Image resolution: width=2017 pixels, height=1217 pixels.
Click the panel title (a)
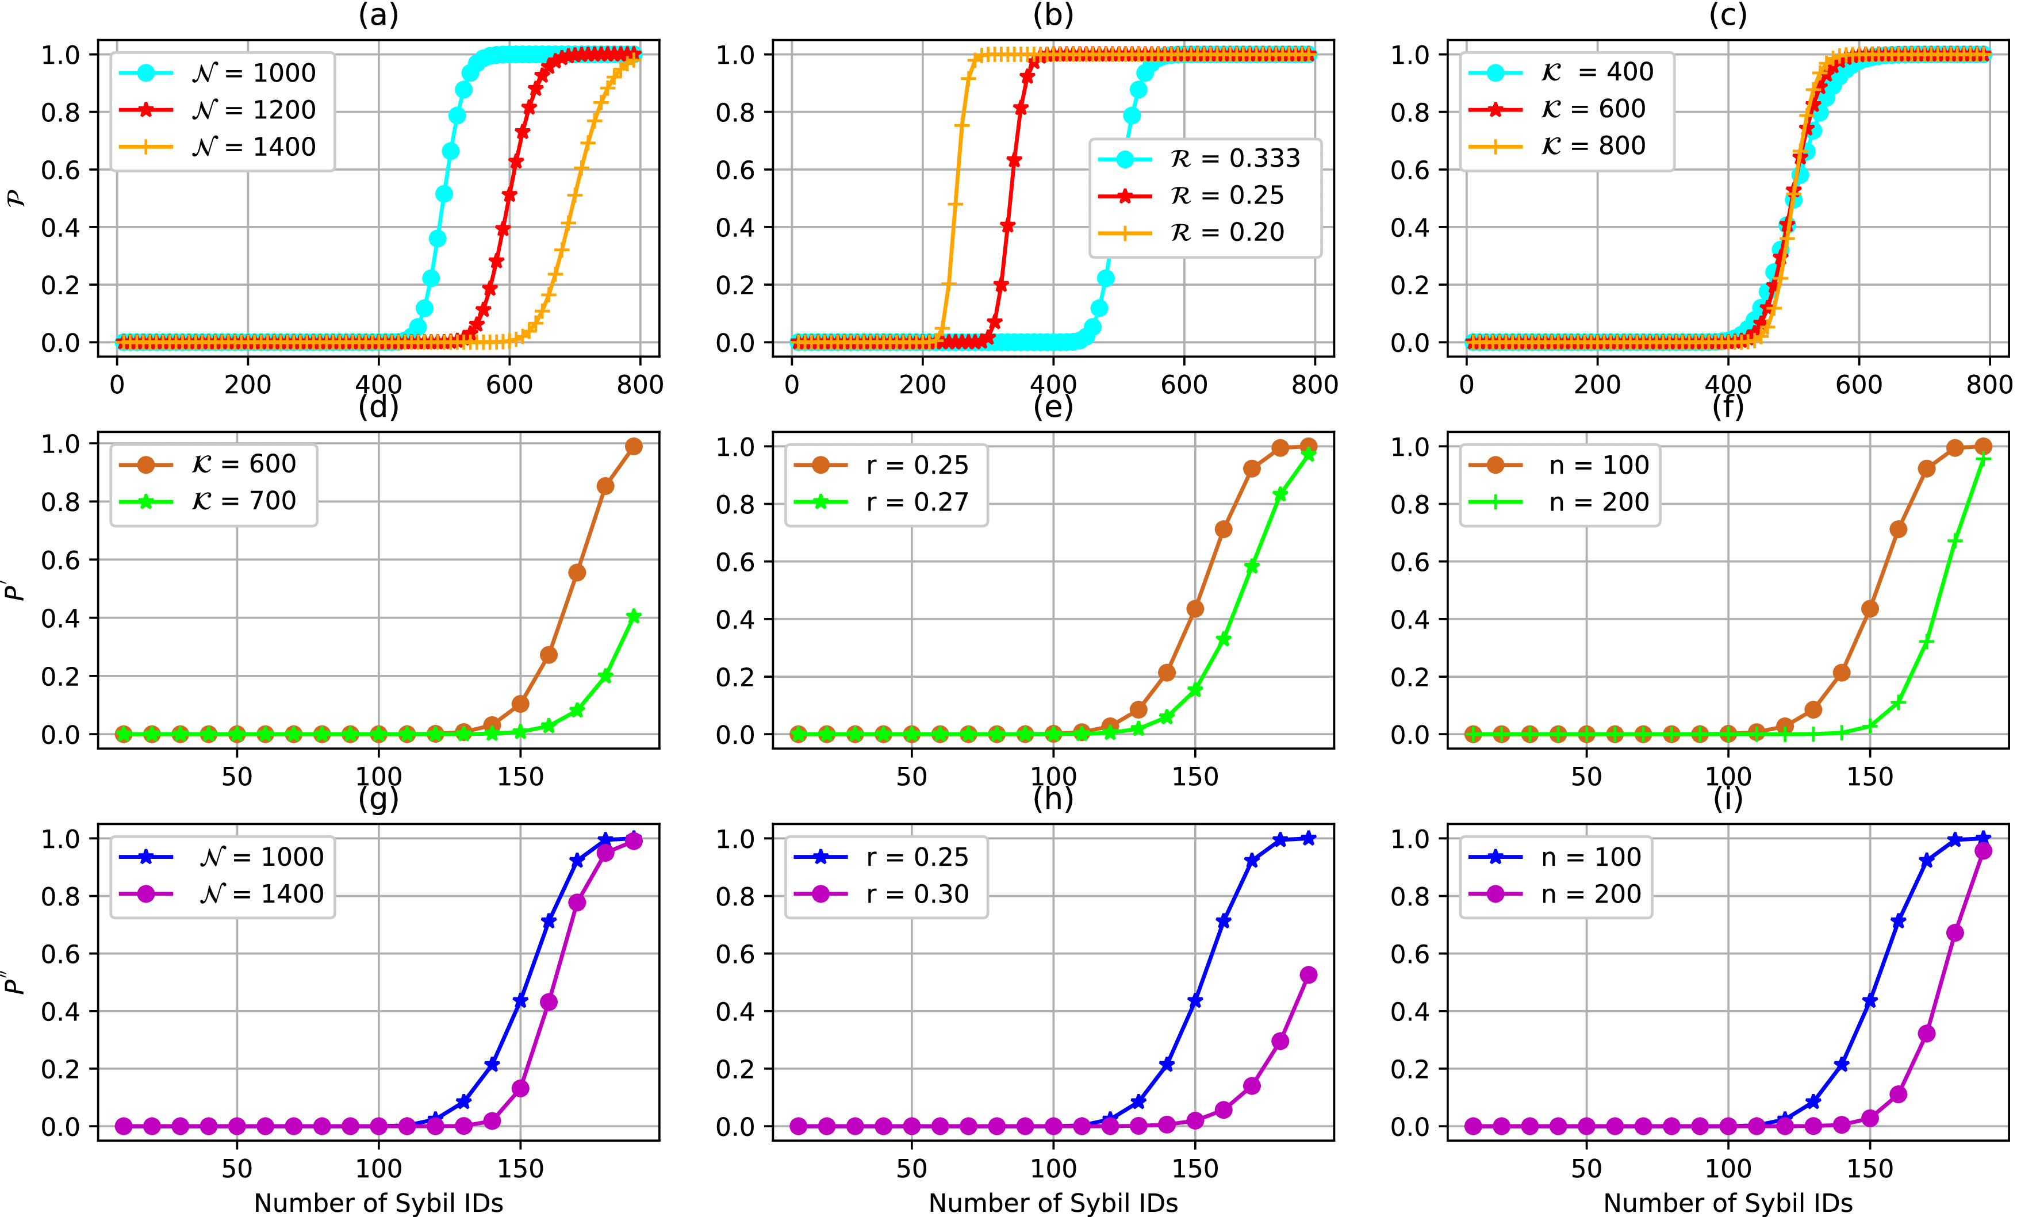pyautogui.click(x=378, y=16)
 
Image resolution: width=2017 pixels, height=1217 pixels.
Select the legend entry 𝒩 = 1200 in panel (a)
pyautogui.click(x=254, y=110)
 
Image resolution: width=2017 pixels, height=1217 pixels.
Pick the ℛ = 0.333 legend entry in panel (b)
pyautogui.click(x=1235, y=158)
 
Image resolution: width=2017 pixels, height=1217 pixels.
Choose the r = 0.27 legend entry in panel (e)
pyautogui.click(x=917, y=502)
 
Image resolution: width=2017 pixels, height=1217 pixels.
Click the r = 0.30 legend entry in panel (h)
pyautogui.click(x=917, y=894)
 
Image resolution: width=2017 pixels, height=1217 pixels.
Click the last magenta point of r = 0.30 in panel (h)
pyautogui.click(x=1308, y=975)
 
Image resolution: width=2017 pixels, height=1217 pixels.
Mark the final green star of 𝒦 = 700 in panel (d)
pyautogui.click(x=634, y=616)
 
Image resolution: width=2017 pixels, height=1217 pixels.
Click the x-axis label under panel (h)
pyautogui.click(x=1053, y=1203)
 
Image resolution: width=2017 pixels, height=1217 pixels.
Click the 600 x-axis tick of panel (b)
pyautogui.click(x=1184, y=385)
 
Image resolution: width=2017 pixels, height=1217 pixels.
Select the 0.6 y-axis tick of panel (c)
pyautogui.click(x=1410, y=170)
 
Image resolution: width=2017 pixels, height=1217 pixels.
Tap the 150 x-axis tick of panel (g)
pyautogui.click(x=520, y=1169)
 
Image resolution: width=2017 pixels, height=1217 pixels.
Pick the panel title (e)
pyautogui.click(x=1053, y=407)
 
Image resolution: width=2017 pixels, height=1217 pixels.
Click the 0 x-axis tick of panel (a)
pyautogui.click(x=117, y=385)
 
